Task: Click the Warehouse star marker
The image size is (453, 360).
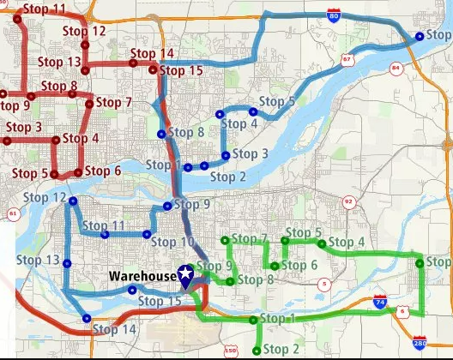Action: pos(185,274)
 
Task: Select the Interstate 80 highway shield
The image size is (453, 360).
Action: pos(333,15)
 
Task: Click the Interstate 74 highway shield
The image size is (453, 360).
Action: pos(380,303)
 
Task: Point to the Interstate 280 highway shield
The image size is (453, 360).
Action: pos(420,343)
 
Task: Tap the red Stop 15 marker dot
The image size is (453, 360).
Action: pos(152,69)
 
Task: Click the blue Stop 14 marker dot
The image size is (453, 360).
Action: pos(87,319)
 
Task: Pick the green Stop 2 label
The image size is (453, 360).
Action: pos(281,349)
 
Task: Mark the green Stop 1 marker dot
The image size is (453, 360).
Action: pos(253,320)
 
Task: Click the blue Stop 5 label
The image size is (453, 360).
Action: pos(277,102)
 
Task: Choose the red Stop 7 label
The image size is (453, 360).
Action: pos(114,103)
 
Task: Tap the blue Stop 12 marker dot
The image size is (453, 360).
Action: pos(73,201)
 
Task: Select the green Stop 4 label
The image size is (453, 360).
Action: pos(347,243)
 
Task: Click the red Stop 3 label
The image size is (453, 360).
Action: pos(23,128)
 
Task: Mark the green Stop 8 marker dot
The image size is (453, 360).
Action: pos(230,281)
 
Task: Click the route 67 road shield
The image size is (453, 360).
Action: pos(347,59)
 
